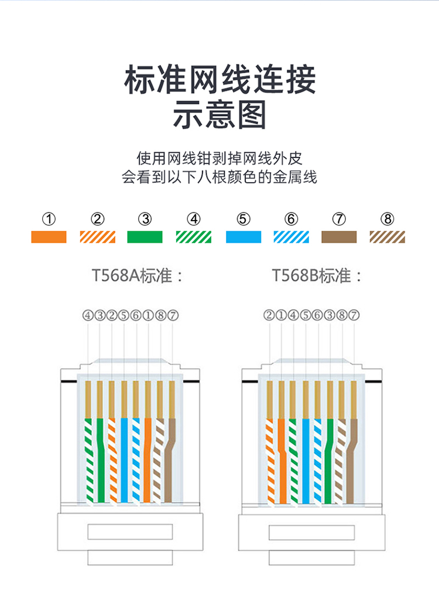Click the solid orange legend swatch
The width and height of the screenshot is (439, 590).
(49, 237)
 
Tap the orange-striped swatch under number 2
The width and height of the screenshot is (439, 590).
(97, 237)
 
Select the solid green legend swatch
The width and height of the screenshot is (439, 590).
(145, 237)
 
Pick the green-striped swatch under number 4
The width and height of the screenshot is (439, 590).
(194, 237)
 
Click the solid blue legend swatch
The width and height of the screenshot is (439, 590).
(243, 237)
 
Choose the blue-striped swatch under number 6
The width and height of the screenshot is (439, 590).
(291, 237)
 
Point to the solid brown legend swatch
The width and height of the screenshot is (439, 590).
(339, 237)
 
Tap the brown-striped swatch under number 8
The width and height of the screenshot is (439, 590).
(387, 237)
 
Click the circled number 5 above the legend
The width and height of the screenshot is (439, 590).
(243, 219)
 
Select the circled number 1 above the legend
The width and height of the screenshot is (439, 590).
(49, 219)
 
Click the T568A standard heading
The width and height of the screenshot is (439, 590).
(138, 276)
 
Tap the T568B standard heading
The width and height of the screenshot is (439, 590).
(317, 276)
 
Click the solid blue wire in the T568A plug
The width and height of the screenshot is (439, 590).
(124, 460)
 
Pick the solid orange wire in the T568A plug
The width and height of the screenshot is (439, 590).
(148, 460)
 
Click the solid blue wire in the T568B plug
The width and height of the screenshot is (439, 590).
(306, 461)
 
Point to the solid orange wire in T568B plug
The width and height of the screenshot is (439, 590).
(282, 461)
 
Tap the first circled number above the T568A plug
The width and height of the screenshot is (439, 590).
(88, 315)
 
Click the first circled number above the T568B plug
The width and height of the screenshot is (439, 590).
(269, 315)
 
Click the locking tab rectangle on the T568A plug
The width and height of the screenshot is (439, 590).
(130, 531)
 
